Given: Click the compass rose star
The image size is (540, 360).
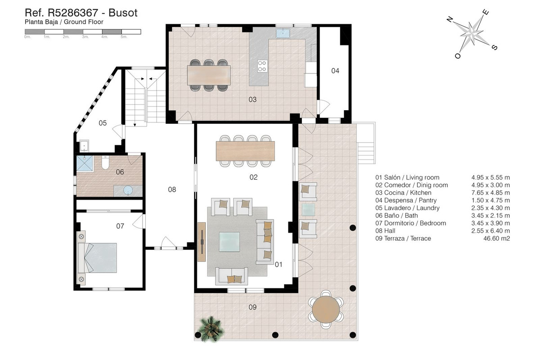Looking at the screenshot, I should [471, 33].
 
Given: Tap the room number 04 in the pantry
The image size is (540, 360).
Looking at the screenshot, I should [335, 71].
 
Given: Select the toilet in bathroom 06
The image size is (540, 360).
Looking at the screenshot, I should [105, 163].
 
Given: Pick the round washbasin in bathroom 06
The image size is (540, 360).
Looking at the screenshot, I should [128, 190].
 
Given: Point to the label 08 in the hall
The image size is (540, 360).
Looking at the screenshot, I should [172, 189].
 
